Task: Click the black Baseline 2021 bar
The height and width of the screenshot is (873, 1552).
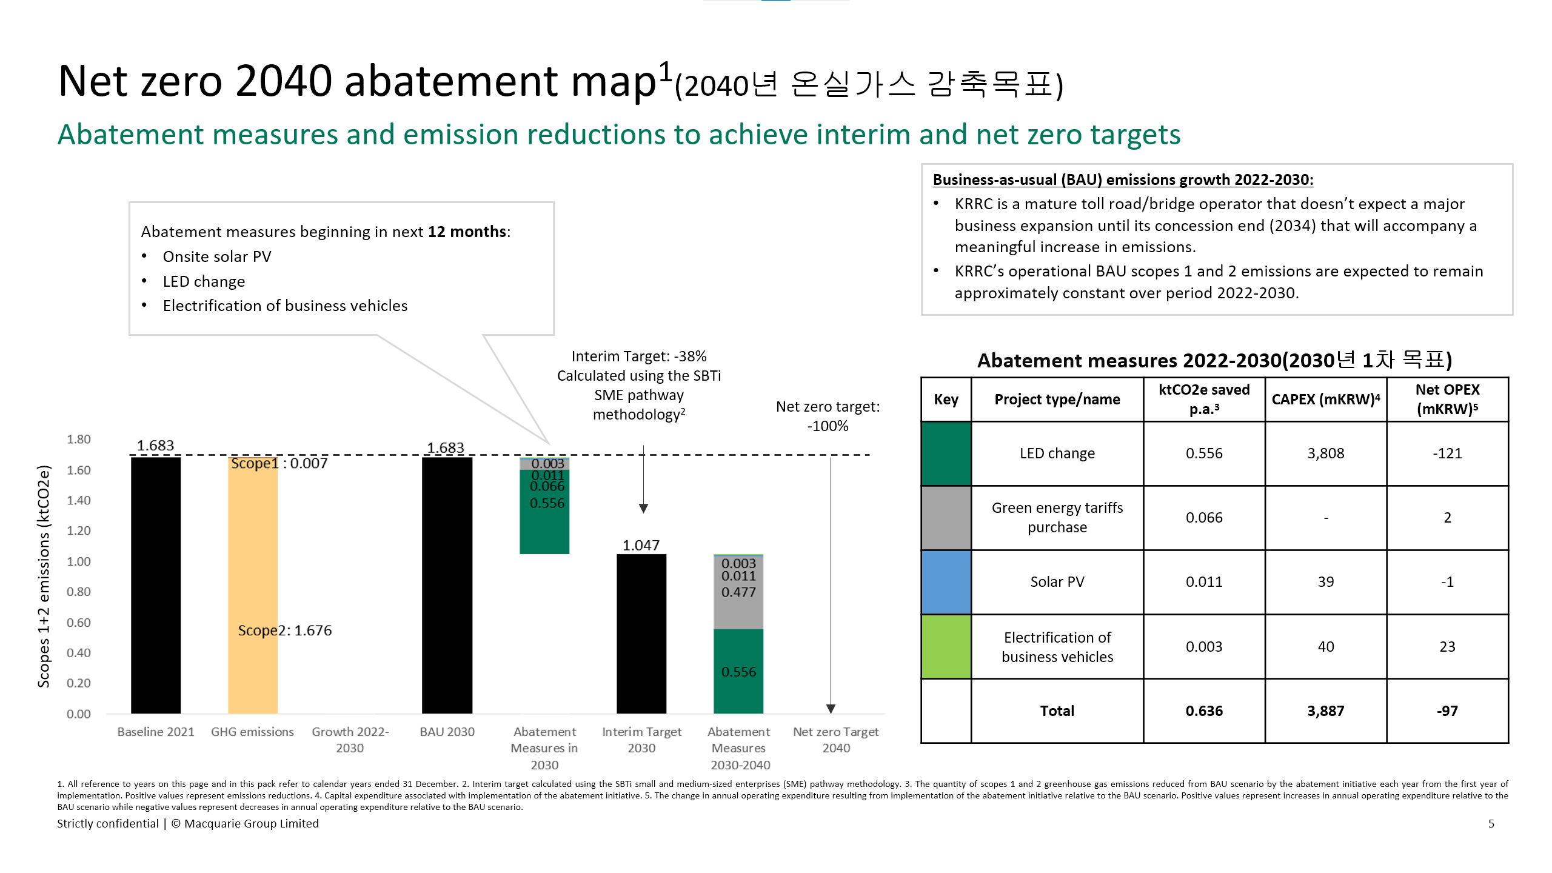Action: coord(156,585)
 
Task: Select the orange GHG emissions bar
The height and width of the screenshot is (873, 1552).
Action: coord(253,585)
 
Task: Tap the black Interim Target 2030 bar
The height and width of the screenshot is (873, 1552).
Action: coord(641,634)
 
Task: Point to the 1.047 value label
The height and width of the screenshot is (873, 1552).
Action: coord(641,545)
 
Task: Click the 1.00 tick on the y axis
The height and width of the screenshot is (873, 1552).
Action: coord(79,561)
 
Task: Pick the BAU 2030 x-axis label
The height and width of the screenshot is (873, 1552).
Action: coord(447,732)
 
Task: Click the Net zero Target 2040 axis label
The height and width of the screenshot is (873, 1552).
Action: coord(836,740)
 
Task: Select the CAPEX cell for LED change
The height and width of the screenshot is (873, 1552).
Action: coord(1326,453)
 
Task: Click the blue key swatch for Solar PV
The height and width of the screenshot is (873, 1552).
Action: coord(946,582)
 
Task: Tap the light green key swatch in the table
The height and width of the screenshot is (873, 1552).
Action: coord(946,646)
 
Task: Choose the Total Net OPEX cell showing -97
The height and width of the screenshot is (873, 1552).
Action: coord(1447,711)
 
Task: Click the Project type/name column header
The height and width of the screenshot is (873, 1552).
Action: coord(1057,400)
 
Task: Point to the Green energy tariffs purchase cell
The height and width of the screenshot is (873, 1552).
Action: coord(1057,518)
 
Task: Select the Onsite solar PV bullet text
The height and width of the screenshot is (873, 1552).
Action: coord(217,256)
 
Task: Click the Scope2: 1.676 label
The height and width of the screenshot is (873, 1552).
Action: coord(285,630)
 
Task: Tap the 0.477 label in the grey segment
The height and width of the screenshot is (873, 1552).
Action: coord(738,592)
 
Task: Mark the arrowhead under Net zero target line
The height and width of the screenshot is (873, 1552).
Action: coord(831,709)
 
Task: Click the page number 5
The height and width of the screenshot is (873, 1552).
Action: coord(1491,824)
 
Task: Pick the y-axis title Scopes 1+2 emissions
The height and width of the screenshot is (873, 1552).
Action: coord(44,576)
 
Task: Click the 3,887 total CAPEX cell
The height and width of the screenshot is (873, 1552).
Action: coord(1326,711)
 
